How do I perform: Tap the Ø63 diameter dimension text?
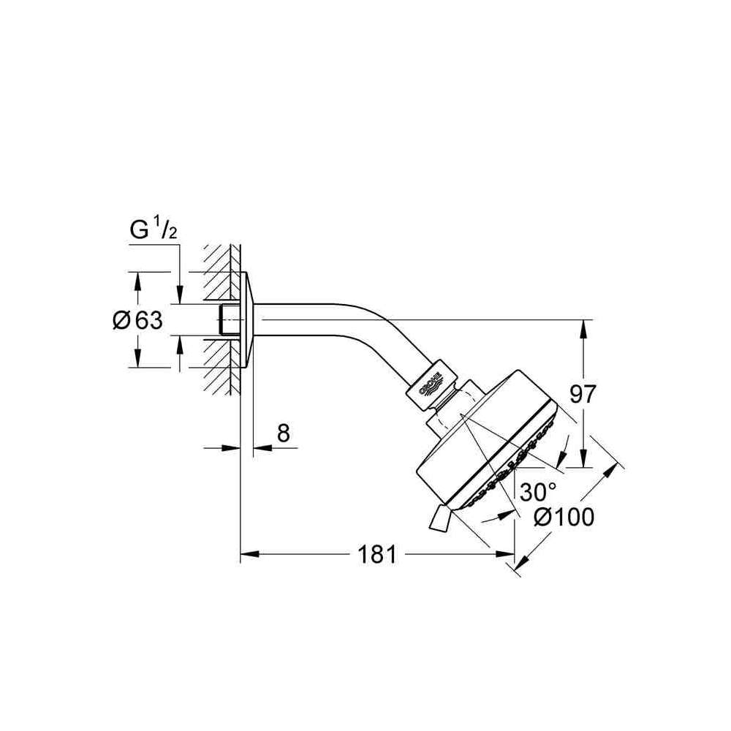tap(137, 320)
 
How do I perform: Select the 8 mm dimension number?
tap(284, 433)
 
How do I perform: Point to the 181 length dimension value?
tap(376, 555)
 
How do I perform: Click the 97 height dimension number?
tap(583, 395)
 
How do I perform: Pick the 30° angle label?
tap(538, 492)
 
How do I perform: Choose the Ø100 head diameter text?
tap(564, 517)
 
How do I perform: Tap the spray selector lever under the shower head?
tap(439, 518)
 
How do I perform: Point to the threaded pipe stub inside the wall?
tap(228, 320)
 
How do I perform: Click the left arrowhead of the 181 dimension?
tap(249, 554)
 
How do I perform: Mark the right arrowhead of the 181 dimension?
tap(505, 554)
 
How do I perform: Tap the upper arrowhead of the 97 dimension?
tap(583, 329)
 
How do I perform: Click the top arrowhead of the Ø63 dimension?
tap(137, 281)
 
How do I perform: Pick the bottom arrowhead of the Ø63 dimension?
tap(137, 358)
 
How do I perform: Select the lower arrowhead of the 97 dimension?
tap(583, 458)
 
